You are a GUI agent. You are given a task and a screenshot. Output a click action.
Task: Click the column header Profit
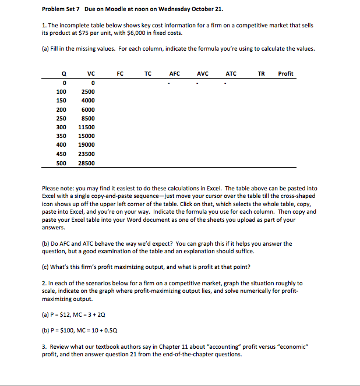pos(285,73)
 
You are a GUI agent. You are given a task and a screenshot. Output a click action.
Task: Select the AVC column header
pos(203,73)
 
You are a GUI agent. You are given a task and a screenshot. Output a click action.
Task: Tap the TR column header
pos(262,73)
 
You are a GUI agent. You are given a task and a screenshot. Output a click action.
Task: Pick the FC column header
pos(120,73)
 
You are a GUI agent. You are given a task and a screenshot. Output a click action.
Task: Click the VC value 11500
pos(86,126)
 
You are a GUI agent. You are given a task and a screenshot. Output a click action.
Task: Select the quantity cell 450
pos(61,154)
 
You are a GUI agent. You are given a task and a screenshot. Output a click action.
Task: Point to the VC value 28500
pos(86,163)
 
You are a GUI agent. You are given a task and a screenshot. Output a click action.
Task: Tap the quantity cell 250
pos(61,118)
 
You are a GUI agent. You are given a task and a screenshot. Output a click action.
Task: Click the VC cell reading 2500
pos(87,91)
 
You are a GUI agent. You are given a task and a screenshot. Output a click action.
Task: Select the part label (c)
pos(46,267)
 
